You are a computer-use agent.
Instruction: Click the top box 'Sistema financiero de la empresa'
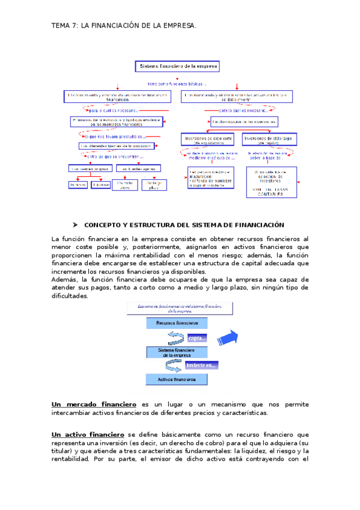tap(179, 67)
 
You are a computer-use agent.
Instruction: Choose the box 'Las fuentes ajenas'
tap(133, 169)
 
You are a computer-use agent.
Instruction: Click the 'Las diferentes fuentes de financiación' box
tap(112, 146)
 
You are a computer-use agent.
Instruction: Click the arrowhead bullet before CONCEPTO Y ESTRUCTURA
tap(76, 225)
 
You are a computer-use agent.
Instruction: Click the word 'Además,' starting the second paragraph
tap(66, 280)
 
